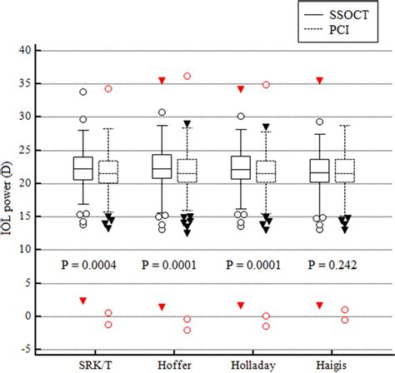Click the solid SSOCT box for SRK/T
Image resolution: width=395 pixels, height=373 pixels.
point(82,168)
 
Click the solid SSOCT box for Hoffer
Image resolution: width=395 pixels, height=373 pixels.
point(162,167)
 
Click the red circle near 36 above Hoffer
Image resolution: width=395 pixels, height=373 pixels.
point(187,77)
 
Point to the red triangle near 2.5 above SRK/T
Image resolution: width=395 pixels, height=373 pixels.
point(82,300)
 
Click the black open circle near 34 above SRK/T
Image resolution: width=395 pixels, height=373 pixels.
point(82,92)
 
